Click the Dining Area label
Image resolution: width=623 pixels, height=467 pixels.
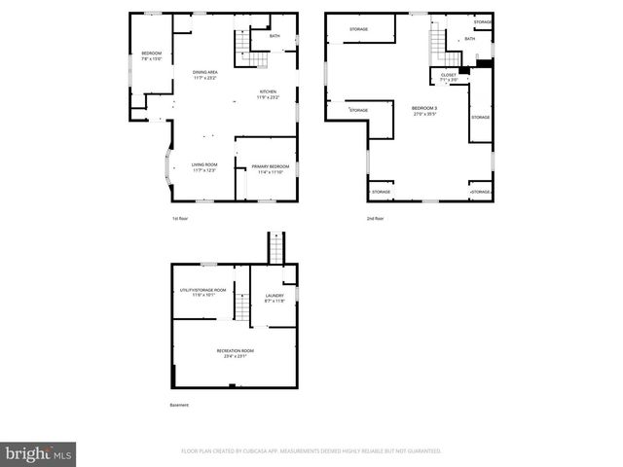204,71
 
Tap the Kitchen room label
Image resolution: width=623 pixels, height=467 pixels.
268,91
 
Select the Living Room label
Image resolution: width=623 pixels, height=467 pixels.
204,164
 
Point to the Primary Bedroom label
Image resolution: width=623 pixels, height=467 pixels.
270,166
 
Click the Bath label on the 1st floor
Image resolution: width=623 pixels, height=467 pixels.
275,36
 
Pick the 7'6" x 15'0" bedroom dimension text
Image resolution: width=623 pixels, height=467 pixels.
151,58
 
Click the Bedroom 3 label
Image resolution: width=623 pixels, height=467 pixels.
424,107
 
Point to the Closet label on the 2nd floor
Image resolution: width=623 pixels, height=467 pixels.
449,74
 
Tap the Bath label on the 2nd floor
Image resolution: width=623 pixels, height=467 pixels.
470,39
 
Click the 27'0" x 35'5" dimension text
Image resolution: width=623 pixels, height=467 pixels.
424,113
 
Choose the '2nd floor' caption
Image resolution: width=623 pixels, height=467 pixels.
376,218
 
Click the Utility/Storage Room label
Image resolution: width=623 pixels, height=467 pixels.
202,289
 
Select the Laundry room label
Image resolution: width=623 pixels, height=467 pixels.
275,295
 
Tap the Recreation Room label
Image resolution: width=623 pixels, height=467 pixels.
235,350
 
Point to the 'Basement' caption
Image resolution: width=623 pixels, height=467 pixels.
179,405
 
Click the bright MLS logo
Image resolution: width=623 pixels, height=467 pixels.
39,453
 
